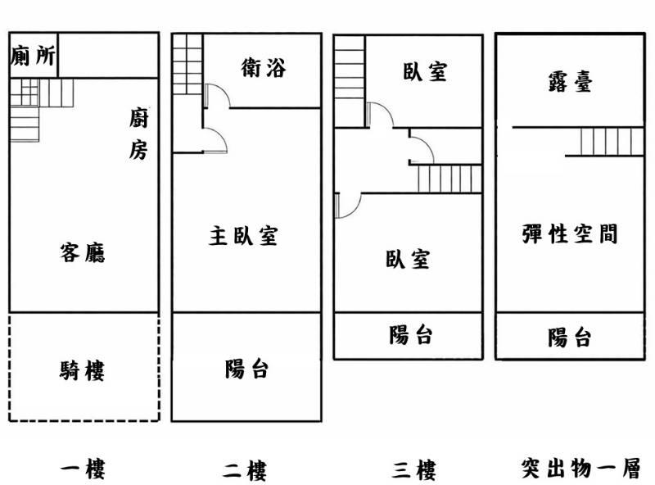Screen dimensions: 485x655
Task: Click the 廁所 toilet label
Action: pos(34,56)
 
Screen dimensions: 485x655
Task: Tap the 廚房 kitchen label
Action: pos(138,134)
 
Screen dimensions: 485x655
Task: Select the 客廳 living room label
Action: pos(83,252)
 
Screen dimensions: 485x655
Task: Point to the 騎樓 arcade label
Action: pos(83,371)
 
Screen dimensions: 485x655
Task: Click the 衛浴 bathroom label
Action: pos(264,68)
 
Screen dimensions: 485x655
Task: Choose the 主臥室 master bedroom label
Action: pos(243,236)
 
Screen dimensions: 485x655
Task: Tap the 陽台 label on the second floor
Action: pos(246,369)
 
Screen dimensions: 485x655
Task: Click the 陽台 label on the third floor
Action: pos(411,335)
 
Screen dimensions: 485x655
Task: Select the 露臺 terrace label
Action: pos(569,80)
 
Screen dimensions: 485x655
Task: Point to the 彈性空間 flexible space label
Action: pos(569,234)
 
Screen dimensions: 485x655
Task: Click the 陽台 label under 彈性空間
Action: pos(570,337)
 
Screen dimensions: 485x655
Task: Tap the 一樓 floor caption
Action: pos(84,469)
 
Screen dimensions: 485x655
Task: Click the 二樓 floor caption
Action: pos(245,471)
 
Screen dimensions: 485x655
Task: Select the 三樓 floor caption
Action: pos(413,469)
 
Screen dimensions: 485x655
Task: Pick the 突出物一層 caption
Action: pos(580,469)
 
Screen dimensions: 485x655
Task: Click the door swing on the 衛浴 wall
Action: pos(214,98)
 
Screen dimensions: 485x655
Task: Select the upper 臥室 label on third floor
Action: pos(425,72)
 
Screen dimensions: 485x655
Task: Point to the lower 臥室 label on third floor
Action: pos(407,260)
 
